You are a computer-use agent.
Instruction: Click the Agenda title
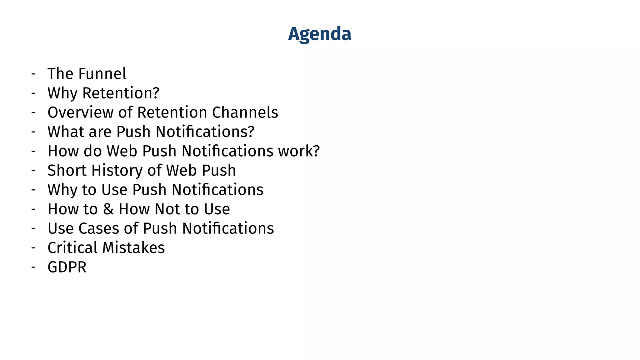point(319,34)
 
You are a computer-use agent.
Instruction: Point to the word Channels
point(245,112)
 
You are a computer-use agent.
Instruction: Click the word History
point(117,171)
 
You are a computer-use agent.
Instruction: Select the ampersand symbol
point(108,209)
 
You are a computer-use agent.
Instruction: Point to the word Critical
point(72,248)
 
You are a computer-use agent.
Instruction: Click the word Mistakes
point(133,248)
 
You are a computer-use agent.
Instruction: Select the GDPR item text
point(67,267)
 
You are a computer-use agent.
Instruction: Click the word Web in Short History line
point(181,171)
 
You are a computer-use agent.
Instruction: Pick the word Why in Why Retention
point(62,93)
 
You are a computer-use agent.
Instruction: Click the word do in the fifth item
point(93,151)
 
